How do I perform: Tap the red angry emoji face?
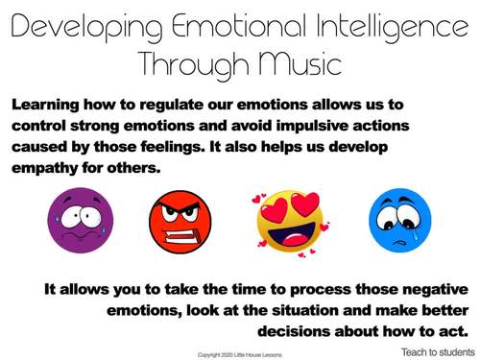tap(180, 219)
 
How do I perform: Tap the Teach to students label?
tap(437, 351)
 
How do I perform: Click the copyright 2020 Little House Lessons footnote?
tap(240, 352)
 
